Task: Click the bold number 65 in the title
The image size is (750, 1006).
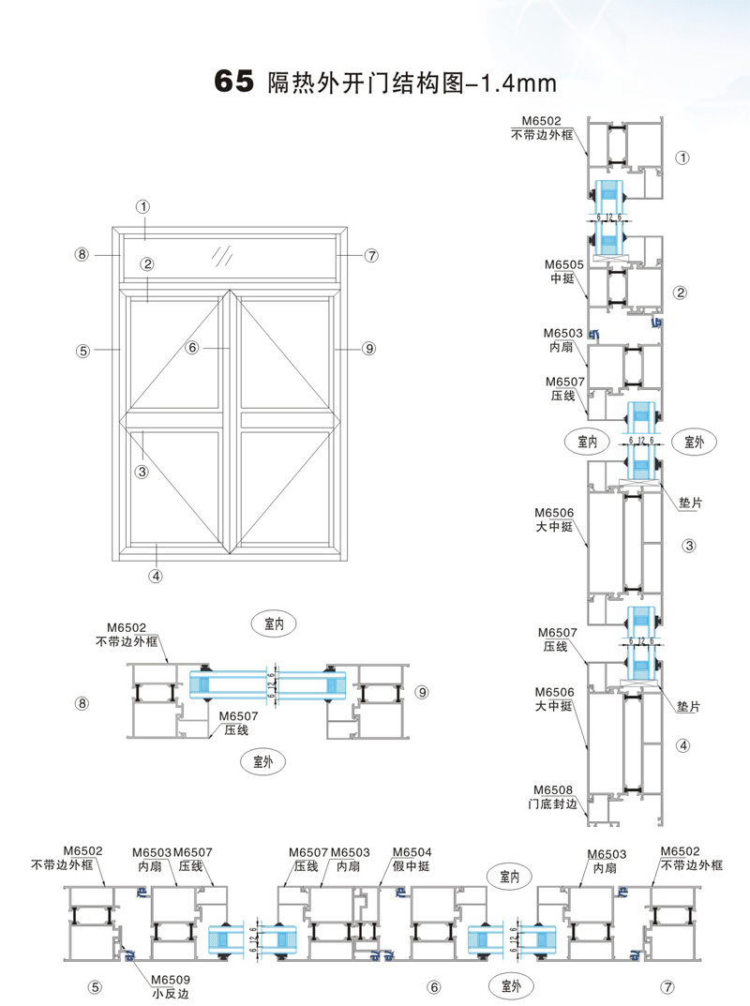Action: tap(234, 83)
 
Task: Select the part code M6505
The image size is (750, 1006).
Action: tap(566, 265)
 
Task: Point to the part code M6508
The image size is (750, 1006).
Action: tap(552, 789)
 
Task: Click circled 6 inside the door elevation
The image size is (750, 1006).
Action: tap(192, 348)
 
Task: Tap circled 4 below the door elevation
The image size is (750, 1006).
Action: tap(156, 577)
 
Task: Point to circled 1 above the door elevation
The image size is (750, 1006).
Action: tap(142, 206)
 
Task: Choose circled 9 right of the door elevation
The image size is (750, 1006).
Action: tap(368, 349)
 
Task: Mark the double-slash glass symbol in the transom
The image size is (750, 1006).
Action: tap(222, 254)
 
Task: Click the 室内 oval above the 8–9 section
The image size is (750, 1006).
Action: tap(274, 623)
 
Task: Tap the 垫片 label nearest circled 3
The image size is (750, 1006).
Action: tap(690, 503)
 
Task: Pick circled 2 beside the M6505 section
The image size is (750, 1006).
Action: tap(681, 293)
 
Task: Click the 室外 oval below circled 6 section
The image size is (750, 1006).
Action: tap(510, 985)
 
